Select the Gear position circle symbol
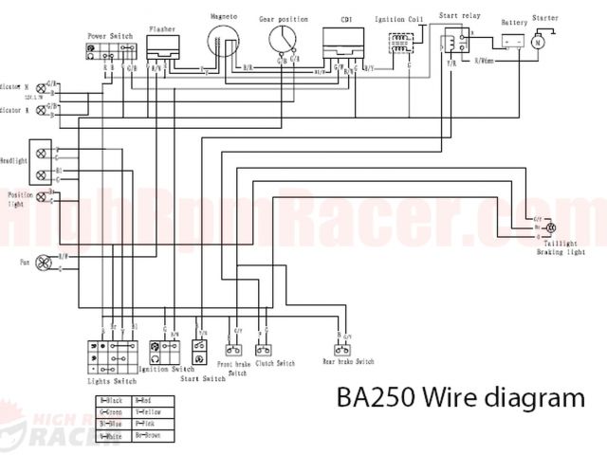click(x=284, y=39)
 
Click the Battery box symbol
click(x=513, y=43)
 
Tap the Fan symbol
click(x=42, y=262)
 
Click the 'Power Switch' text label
click(x=109, y=34)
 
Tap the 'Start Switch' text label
click(x=203, y=378)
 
